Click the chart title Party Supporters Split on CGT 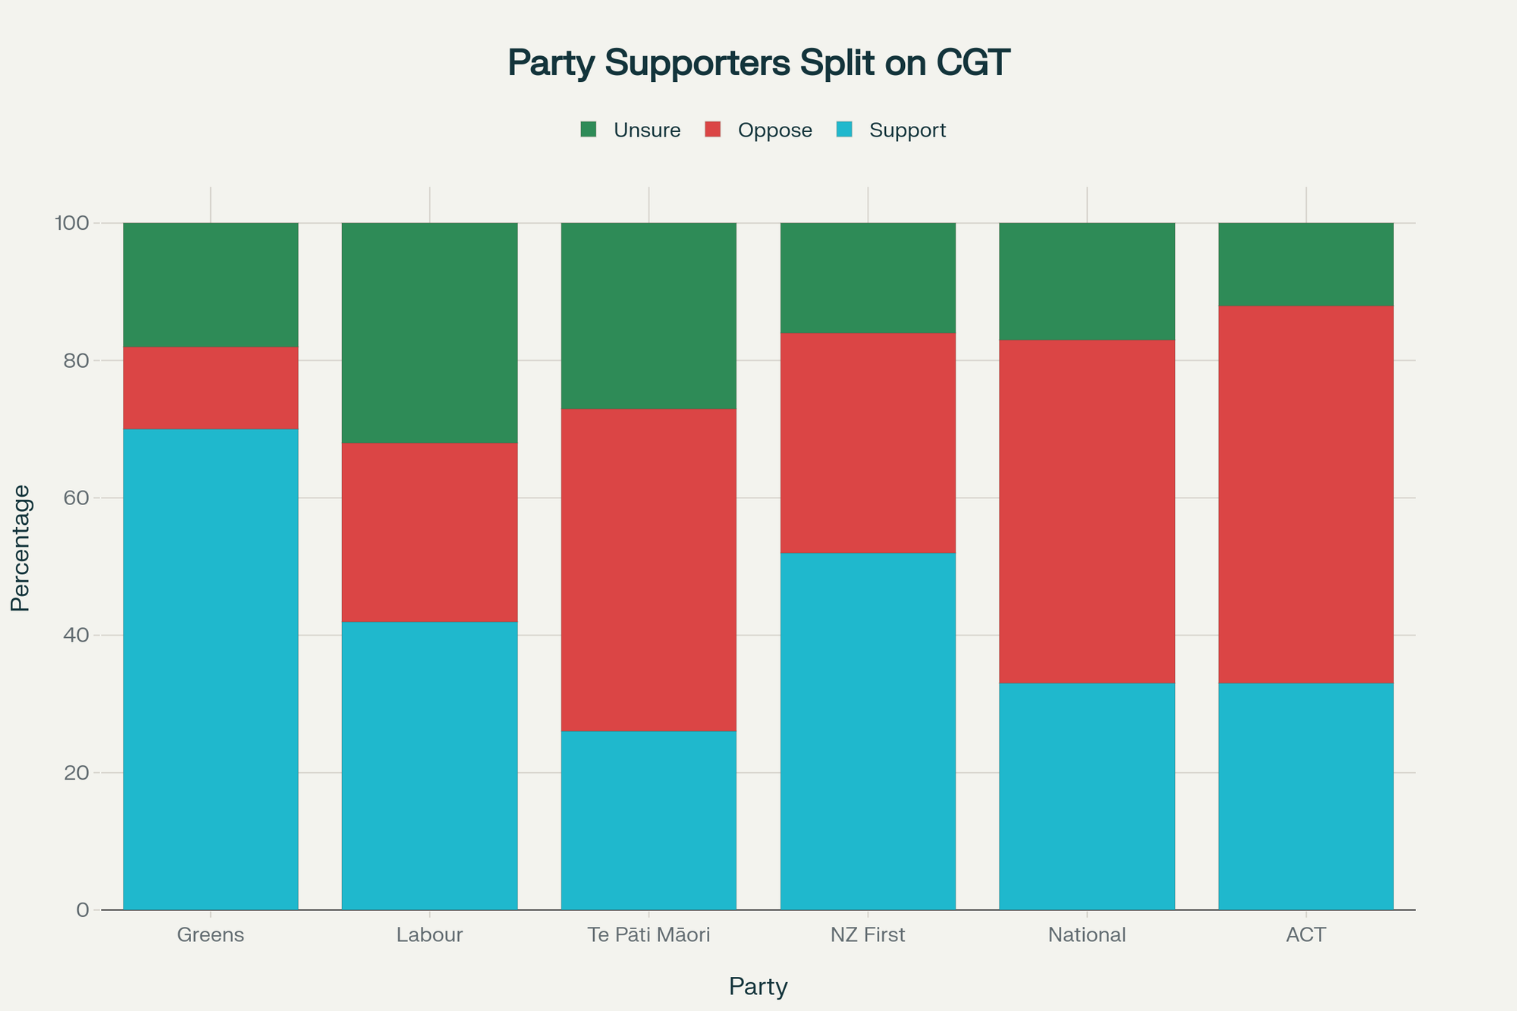[x=758, y=64]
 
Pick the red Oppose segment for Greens [x=210, y=388]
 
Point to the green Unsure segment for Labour [x=429, y=333]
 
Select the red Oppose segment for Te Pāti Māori [x=649, y=570]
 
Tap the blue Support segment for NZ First [x=868, y=731]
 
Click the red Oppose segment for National [x=1087, y=512]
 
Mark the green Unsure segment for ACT [x=1306, y=265]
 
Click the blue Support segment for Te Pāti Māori [x=649, y=821]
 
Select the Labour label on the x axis [x=429, y=935]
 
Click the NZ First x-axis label [x=868, y=935]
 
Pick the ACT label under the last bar [x=1306, y=935]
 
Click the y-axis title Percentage [x=20, y=548]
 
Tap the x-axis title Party [x=758, y=987]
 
